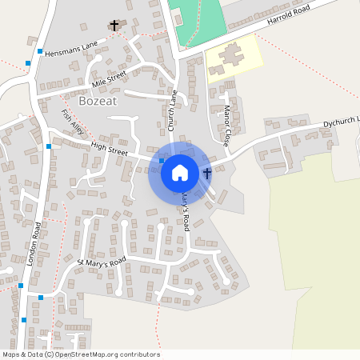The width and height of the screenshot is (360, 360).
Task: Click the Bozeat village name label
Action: point(98,102)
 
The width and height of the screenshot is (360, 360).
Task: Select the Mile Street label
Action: point(110,79)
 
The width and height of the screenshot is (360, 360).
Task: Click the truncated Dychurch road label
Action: point(342,122)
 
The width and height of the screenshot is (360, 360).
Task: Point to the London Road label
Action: point(34,243)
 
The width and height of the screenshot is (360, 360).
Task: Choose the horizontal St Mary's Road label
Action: point(102,262)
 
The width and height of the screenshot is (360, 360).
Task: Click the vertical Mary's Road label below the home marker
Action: point(185,210)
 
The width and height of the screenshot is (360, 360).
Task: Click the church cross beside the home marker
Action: point(207,172)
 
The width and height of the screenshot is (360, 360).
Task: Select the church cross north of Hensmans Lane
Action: point(114,26)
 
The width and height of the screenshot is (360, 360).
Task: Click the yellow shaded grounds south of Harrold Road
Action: point(234,56)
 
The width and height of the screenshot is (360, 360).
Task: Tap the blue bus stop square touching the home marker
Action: point(162,161)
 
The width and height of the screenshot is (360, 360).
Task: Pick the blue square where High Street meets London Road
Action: point(49,146)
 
